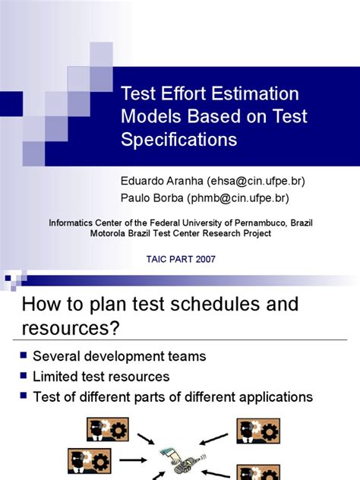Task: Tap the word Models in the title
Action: [151, 118]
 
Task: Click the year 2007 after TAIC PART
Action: [204, 259]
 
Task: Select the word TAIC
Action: [156, 259]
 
